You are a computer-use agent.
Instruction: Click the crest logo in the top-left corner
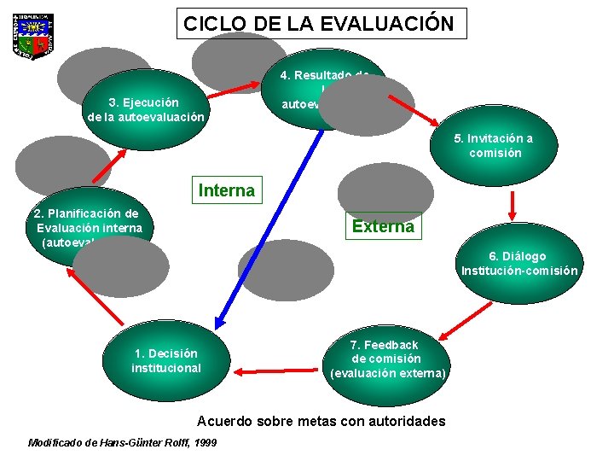[x=34, y=36]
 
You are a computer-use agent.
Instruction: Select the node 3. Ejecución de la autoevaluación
[x=146, y=109]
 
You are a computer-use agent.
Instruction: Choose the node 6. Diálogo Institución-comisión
[x=519, y=263]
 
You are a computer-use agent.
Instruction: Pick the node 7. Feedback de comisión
[x=388, y=359]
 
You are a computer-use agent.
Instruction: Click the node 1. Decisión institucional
[x=166, y=360]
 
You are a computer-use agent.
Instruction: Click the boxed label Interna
[x=227, y=190]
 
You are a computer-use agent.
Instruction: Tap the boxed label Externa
[x=383, y=226]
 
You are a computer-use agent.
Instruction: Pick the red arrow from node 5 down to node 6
[x=513, y=204]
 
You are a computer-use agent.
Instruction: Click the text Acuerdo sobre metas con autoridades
[x=321, y=421]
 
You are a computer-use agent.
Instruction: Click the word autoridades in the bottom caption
[x=400, y=421]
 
